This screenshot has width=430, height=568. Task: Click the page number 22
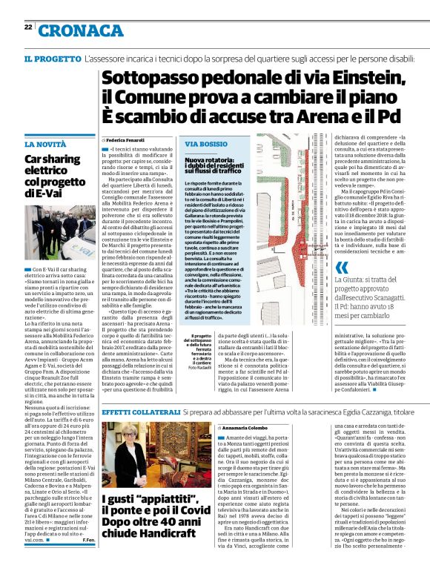click(28, 27)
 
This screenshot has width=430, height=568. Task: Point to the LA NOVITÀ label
click(45, 144)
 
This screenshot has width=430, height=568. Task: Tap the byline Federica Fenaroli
click(125, 139)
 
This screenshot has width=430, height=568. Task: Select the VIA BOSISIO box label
click(206, 144)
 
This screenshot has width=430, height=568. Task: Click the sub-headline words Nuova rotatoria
click(209, 159)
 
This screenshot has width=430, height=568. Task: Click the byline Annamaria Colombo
click(242, 428)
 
